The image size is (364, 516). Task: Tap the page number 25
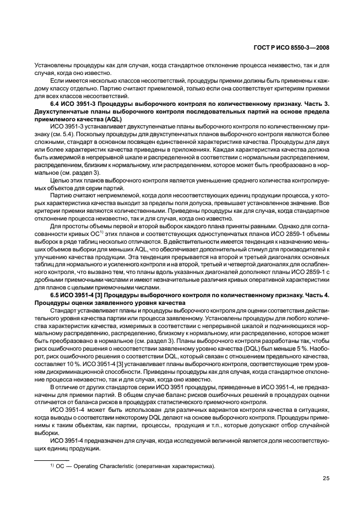pyautogui.click(x=325, y=478)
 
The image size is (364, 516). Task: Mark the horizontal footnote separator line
pyautogui.click(x=52, y=459)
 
